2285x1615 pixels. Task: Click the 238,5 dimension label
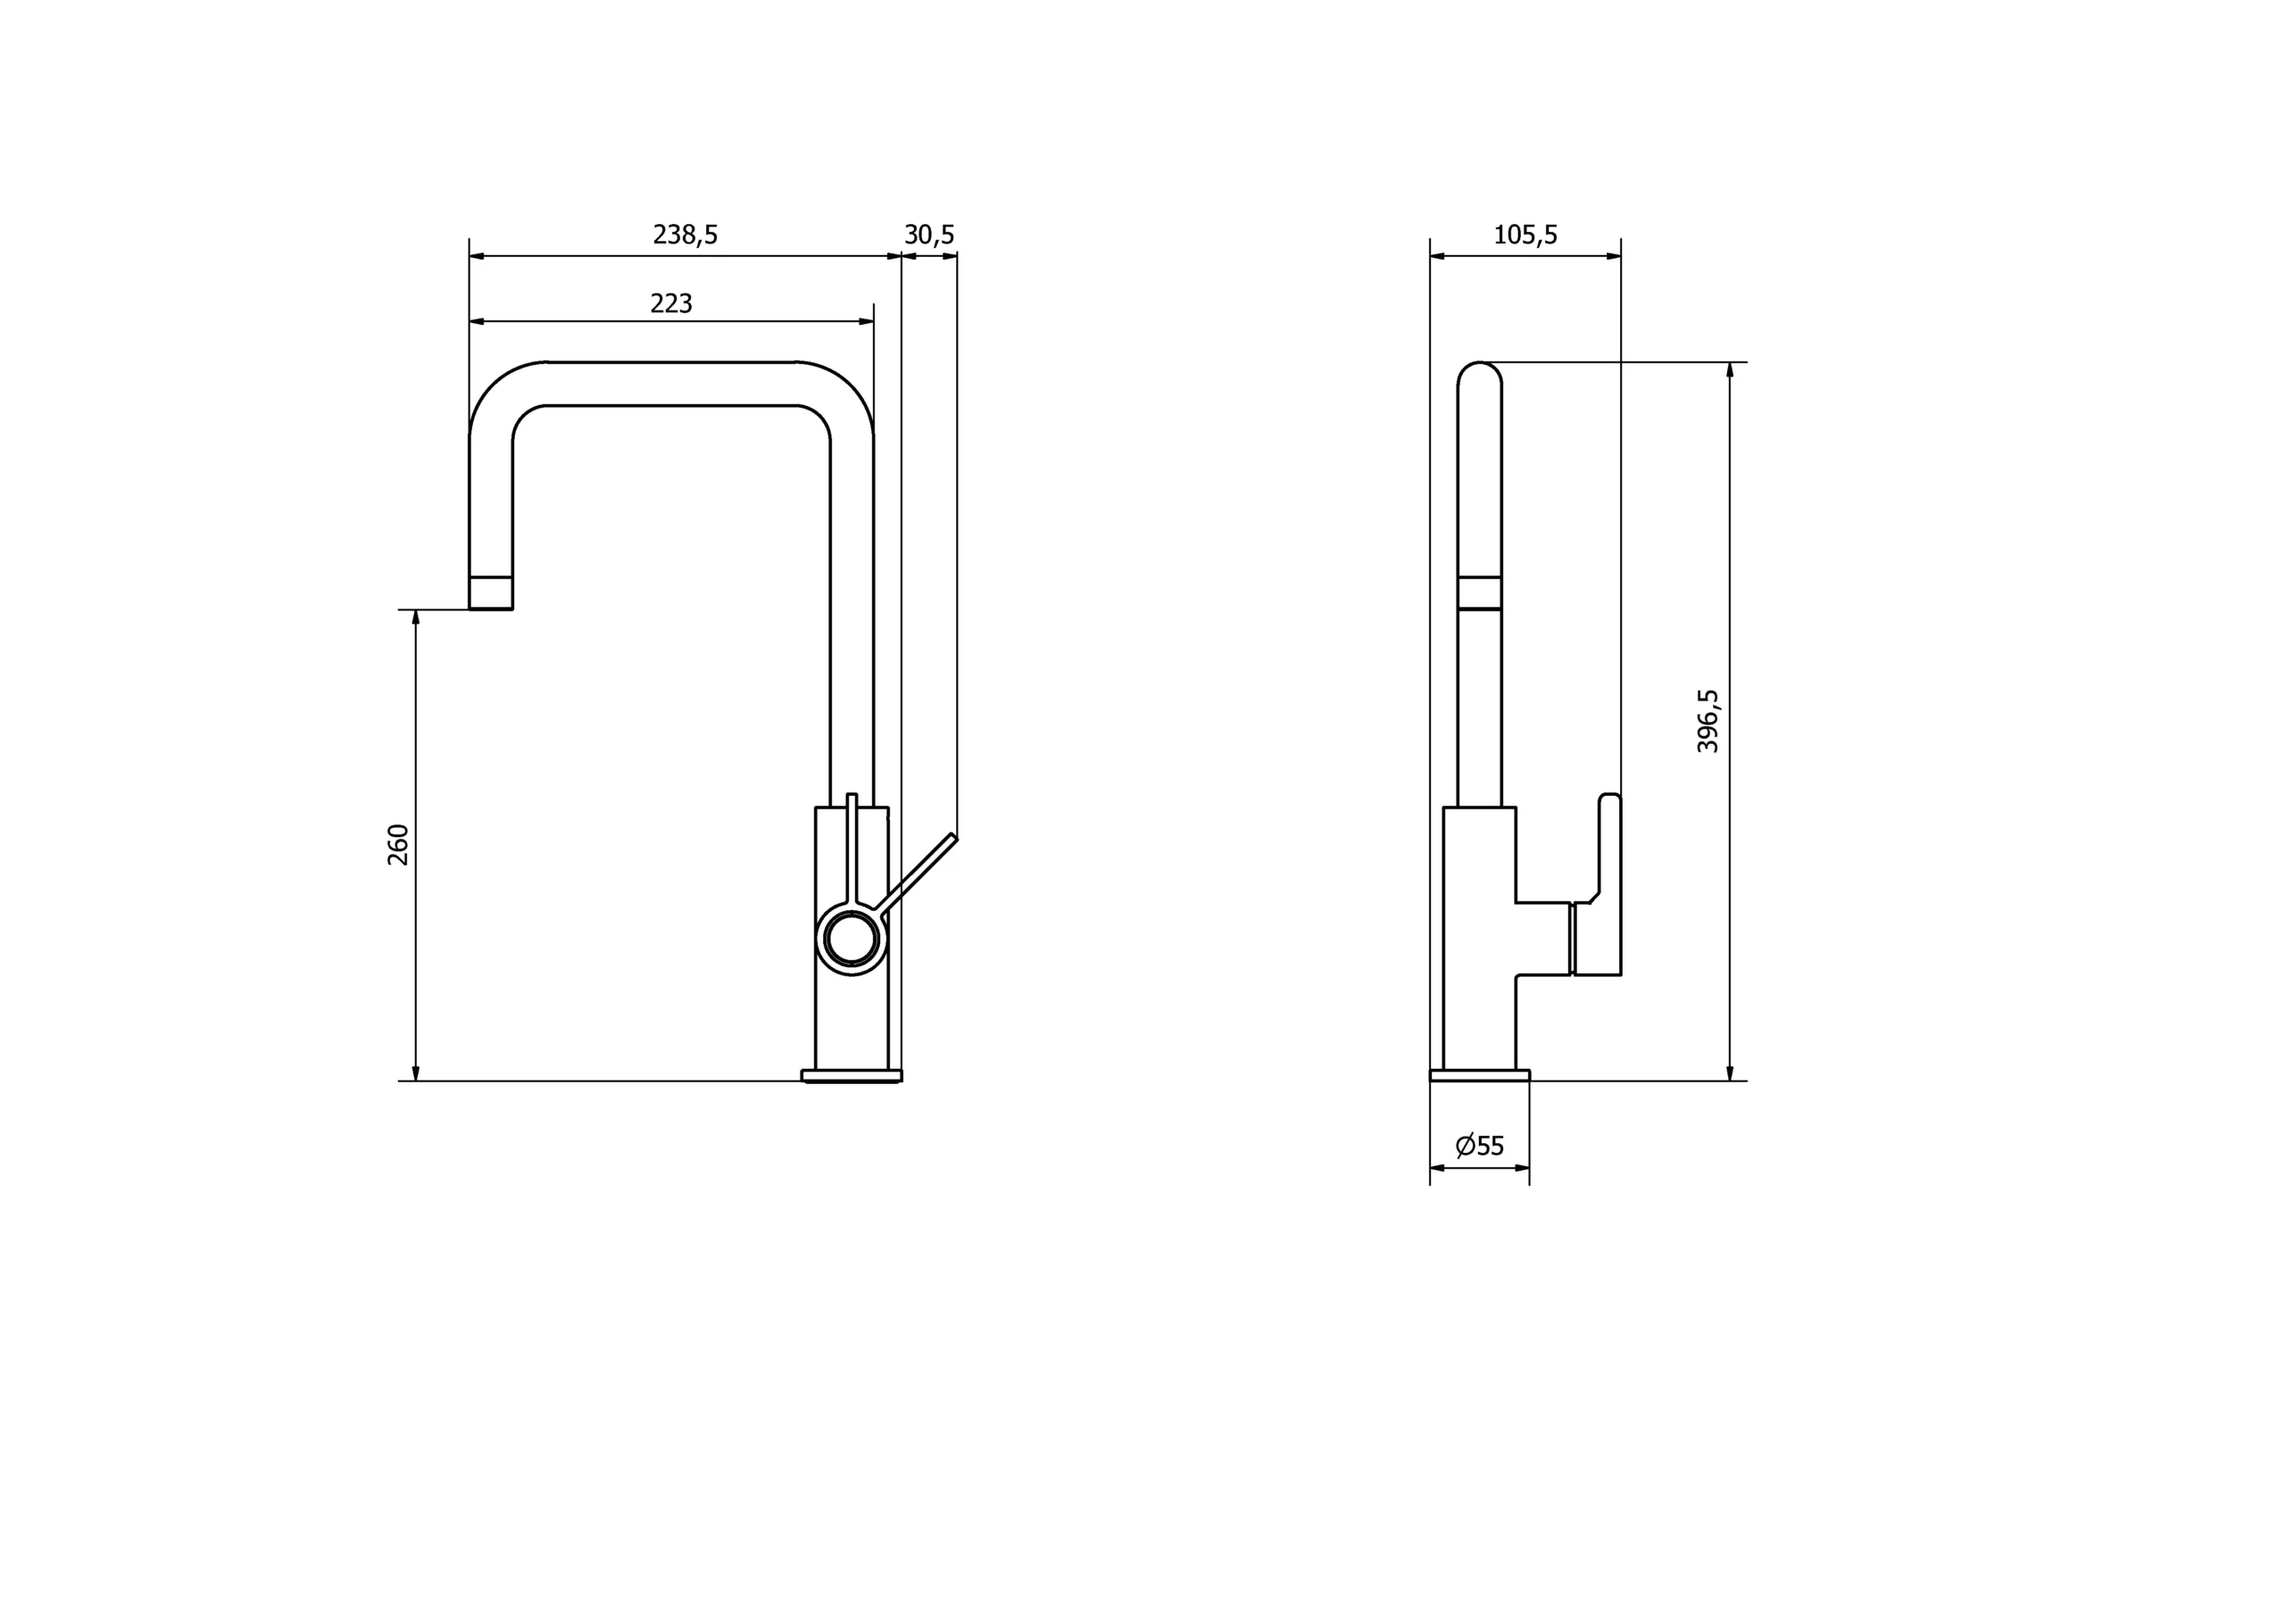[x=685, y=235]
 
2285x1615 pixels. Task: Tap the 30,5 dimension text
[x=929, y=235]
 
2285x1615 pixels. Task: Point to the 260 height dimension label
[x=398, y=845]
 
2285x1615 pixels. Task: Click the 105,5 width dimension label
[x=1525, y=235]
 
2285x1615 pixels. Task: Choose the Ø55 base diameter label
[x=1480, y=1146]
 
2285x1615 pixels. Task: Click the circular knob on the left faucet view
[x=852, y=940]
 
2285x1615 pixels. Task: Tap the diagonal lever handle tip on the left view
[x=953, y=837]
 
